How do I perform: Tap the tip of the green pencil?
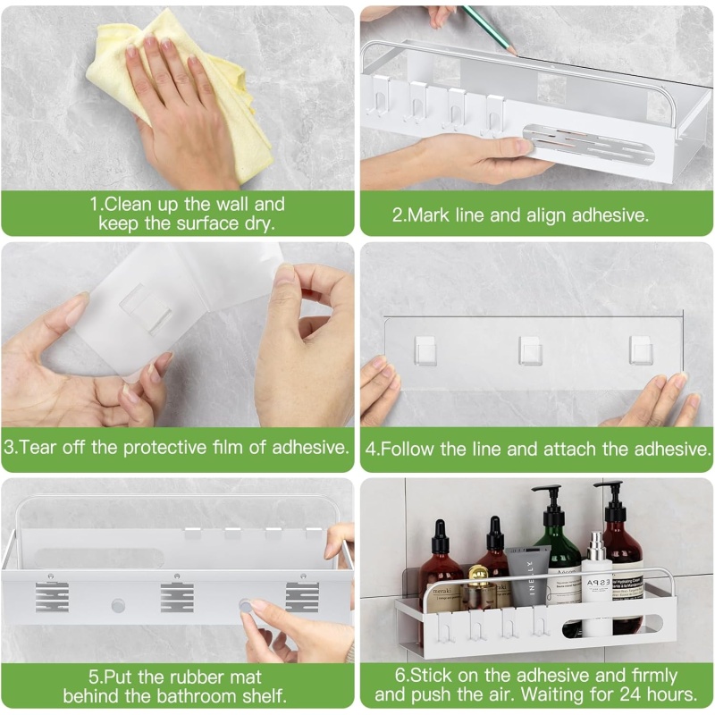point(517,54)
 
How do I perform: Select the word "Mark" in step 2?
point(428,214)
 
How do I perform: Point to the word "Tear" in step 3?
point(38,447)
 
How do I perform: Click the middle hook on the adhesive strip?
point(530,350)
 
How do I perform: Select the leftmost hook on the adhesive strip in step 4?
point(425,350)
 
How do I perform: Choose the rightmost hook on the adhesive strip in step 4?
point(641,350)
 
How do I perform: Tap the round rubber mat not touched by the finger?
point(118,606)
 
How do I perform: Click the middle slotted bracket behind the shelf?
point(177,597)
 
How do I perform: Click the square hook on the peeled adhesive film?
point(146,309)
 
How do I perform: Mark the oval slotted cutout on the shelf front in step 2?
point(588,145)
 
